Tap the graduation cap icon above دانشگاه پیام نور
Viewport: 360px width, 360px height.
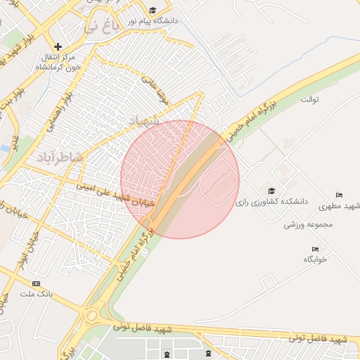pyautogui.click(x=153, y=10)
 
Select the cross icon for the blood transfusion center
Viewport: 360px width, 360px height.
pyautogui.click(x=58, y=46)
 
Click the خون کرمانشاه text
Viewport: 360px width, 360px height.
pyautogui.click(x=57, y=67)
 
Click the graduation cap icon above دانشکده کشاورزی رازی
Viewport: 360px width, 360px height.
pyautogui.click(x=271, y=191)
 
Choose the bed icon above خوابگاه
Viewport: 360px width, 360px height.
pyautogui.click(x=315, y=249)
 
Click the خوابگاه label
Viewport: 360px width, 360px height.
pyautogui.click(x=316, y=259)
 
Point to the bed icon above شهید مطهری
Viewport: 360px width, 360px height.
pyautogui.click(x=340, y=195)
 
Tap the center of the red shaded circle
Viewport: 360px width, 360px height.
pyautogui.click(x=180, y=179)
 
